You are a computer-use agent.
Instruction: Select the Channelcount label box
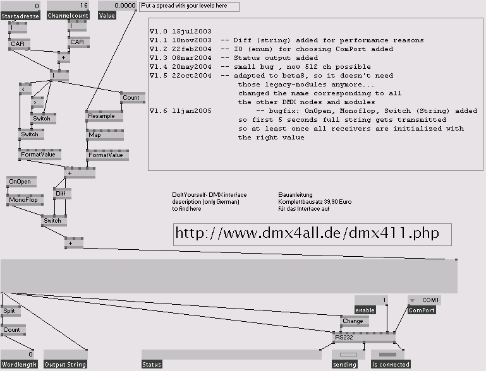(67, 16)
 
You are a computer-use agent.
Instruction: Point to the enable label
(365, 310)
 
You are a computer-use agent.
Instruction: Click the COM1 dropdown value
(430, 300)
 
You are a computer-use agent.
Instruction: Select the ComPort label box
(422, 310)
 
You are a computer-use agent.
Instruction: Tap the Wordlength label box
(19, 365)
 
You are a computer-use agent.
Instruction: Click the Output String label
(64, 365)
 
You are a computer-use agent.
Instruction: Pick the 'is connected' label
(392, 365)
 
